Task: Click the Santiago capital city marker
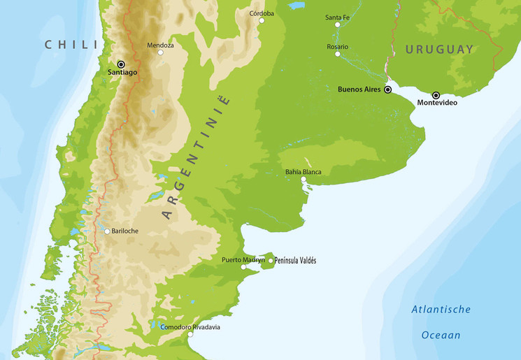pyautogui.click(x=121, y=64)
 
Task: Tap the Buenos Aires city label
pyautogui.click(x=359, y=89)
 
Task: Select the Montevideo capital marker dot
pyautogui.click(x=436, y=95)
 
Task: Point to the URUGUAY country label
pyautogui.click(x=439, y=50)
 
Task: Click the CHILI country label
pyautogui.click(x=71, y=45)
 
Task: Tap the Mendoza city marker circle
pyautogui.click(x=160, y=52)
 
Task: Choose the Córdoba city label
pyautogui.click(x=262, y=13)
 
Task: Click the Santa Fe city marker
pyautogui.click(x=337, y=24)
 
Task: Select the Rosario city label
pyautogui.click(x=337, y=47)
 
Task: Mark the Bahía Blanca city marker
pyautogui.click(x=304, y=180)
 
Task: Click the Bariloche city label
pyautogui.click(x=124, y=231)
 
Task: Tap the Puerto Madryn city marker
pyautogui.click(x=243, y=267)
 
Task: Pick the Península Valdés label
pyautogui.click(x=296, y=260)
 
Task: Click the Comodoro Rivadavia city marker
pyautogui.click(x=190, y=334)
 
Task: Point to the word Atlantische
pyautogui.click(x=441, y=310)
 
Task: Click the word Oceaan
pyautogui.click(x=441, y=336)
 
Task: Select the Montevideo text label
pyautogui.click(x=437, y=103)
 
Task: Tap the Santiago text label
pyautogui.click(x=122, y=72)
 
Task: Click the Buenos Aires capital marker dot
pyautogui.click(x=388, y=89)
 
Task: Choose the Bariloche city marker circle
pyautogui.click(x=106, y=231)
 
